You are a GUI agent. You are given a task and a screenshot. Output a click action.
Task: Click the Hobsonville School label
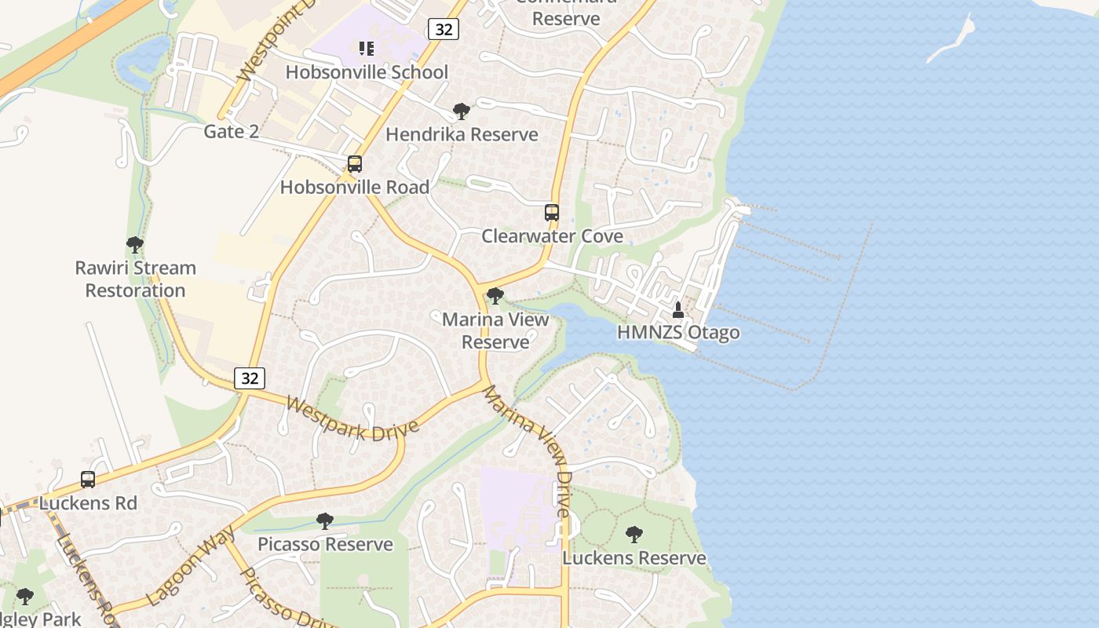coord(367,72)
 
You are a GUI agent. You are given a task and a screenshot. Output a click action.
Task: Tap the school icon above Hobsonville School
coord(366,49)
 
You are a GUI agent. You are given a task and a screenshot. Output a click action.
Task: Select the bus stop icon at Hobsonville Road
coord(355,164)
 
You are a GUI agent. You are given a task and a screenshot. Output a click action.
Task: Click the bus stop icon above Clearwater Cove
coord(552,213)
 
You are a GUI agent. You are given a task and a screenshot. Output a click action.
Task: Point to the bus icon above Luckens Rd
coord(88,480)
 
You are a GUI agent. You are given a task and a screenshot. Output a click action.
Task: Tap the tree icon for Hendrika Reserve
coord(462,111)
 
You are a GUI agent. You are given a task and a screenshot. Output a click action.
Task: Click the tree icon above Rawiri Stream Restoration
coord(135,245)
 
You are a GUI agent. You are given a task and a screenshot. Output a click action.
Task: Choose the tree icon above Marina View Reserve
coord(495,296)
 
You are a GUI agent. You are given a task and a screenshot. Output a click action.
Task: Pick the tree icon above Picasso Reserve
coord(325,521)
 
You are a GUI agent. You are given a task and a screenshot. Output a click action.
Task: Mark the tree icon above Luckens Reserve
coord(634,535)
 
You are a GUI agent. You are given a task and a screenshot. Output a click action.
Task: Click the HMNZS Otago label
coord(678,332)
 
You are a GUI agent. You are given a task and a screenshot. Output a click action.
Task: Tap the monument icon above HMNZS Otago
coord(678,310)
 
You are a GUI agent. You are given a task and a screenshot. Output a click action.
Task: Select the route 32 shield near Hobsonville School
coord(444,30)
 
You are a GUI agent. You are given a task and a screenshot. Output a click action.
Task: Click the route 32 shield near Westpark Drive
coord(250,378)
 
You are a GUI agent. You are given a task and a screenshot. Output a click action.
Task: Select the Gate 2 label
coord(231,131)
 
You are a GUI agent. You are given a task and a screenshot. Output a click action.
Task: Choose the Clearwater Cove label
coord(552,236)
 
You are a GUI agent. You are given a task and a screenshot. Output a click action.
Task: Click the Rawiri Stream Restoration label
coord(135,279)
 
